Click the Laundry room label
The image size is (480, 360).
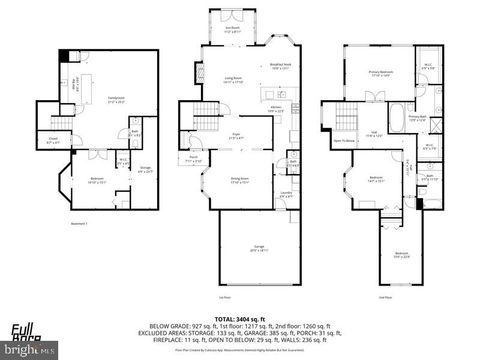[x=285, y=193]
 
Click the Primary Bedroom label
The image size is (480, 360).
[x=379, y=73]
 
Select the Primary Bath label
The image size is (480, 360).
[x=417, y=118]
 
